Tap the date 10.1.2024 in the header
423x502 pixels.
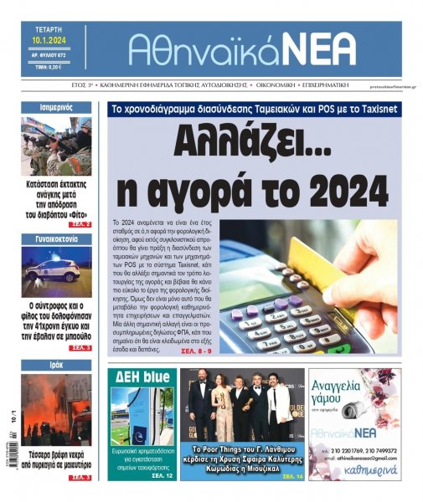tap(49, 39)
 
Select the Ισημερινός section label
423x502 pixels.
tap(56, 107)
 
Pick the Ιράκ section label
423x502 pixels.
tap(56, 365)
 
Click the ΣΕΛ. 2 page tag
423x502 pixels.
tap(81, 225)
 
